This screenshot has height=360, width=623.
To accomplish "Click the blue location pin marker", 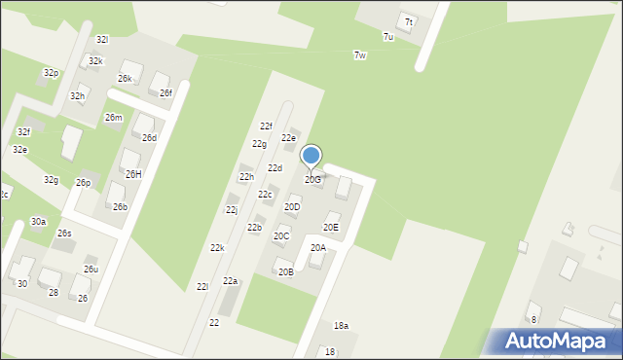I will (311, 157).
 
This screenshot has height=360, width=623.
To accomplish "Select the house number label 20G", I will (312, 180).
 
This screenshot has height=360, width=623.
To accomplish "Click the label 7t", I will (409, 22).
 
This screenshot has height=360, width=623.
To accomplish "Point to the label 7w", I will (360, 55).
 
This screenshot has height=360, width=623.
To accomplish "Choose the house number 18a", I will (341, 325).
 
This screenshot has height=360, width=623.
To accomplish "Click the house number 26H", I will (133, 174).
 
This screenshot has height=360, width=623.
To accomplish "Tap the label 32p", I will (51, 73).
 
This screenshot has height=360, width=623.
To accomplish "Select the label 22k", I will (217, 248).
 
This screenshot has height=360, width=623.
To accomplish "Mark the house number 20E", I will (331, 228).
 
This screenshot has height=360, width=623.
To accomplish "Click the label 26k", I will (126, 78).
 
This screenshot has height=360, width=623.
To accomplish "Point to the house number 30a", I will (38, 222).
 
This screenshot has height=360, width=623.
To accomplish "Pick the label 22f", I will (266, 126).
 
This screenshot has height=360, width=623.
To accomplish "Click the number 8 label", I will (533, 319).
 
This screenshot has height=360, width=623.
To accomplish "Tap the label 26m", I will (114, 118).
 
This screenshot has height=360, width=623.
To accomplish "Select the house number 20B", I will (285, 271).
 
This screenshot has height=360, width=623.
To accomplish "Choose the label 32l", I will (102, 39).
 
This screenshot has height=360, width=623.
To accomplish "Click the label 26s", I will (64, 234).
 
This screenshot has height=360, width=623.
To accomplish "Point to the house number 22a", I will (230, 280).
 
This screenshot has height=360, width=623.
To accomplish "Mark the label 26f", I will (165, 92).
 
